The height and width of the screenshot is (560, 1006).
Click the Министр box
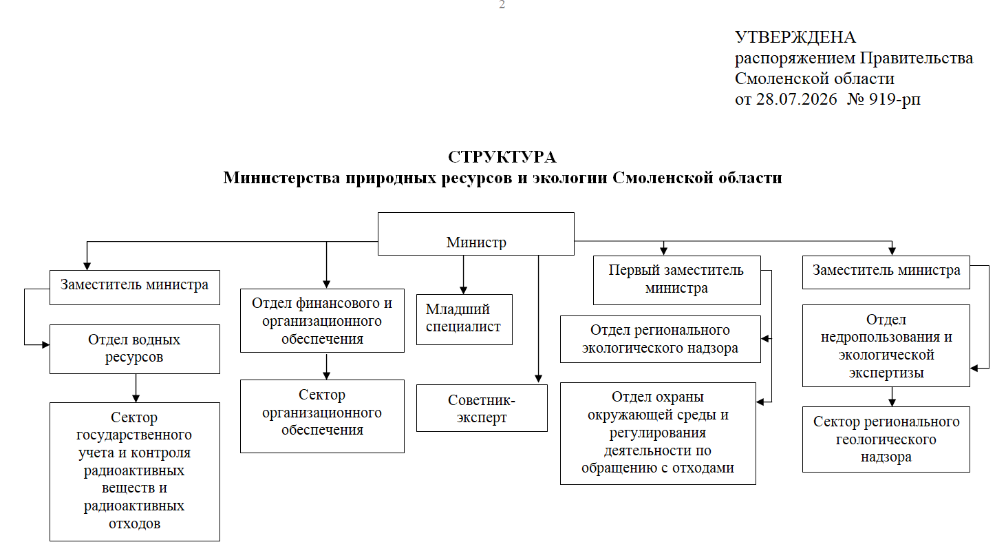pyautogui.click(x=476, y=234)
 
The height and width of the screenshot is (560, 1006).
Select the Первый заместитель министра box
pyautogui.click(x=677, y=280)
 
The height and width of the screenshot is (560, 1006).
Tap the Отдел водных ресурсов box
pyautogui.click(x=135, y=349)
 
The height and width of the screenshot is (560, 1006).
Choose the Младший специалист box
pyautogui.click(x=464, y=320)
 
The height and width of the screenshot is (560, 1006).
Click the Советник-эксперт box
pyautogui.click(x=482, y=408)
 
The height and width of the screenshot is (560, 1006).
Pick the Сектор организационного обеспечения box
pyautogui.click(x=322, y=416)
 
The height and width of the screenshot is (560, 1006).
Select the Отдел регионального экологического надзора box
pyautogui.click(x=660, y=339)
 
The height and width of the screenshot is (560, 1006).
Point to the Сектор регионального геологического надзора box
pyautogui.click(x=886, y=439)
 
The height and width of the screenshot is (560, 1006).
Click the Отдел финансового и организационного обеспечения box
pyautogui.click(x=322, y=320)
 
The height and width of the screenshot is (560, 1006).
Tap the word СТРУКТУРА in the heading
pyautogui.click(x=502, y=157)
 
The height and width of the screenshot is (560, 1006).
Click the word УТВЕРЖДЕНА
pyautogui.click(x=795, y=37)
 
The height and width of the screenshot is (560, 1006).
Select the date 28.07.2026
pyautogui.click(x=796, y=99)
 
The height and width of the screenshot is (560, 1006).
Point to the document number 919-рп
pyautogui.click(x=895, y=99)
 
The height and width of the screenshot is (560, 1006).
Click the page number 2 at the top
pyautogui.click(x=502, y=5)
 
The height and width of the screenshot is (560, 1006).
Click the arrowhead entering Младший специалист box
pyautogui.click(x=464, y=291)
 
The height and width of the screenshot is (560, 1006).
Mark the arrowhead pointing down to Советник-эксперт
pyautogui.click(x=539, y=379)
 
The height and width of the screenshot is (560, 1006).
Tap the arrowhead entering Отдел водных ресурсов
pyautogui.click(x=46, y=344)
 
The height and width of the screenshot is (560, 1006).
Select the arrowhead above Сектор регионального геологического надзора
pyautogui.click(x=892, y=403)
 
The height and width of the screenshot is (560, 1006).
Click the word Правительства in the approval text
pyautogui.click(x=917, y=59)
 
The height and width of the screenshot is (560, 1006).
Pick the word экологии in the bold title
pyautogui.click(x=570, y=178)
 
